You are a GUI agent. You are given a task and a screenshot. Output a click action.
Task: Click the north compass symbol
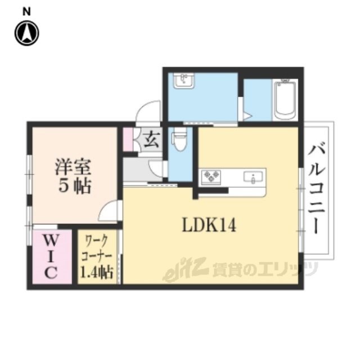27,33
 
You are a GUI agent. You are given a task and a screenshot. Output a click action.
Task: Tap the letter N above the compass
26,12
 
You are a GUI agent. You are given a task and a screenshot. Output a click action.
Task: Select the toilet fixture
180,139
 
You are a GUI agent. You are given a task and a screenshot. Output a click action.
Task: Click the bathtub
285,100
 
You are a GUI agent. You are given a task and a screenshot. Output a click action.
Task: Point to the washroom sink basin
184,81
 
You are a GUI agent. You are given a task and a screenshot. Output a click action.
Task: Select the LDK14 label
209,225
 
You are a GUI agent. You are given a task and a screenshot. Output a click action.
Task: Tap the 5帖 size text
75,186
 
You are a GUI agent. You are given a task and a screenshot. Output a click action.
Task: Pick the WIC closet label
51,256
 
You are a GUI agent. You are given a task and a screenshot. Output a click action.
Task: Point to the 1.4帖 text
97,272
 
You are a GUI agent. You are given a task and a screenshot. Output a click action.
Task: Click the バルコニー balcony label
317,189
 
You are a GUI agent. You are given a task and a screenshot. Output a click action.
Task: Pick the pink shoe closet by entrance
128,139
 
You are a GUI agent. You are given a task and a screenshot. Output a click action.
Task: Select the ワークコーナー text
97,249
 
